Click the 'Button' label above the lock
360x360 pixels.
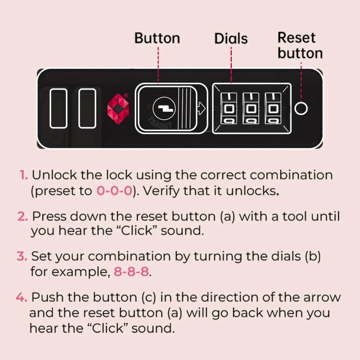(157, 38)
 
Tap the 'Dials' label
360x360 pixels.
(231, 38)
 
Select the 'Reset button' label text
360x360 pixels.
(300, 46)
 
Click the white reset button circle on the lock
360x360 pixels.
(301, 108)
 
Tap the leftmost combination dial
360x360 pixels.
(229, 108)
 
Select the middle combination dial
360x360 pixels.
(251, 108)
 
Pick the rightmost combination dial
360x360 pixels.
(273, 108)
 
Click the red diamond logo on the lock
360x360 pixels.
(118, 108)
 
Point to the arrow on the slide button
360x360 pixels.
(201, 108)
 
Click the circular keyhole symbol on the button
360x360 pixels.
(164, 108)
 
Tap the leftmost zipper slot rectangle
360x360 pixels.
(58, 108)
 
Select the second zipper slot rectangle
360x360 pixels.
(87, 108)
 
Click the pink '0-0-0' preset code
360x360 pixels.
(114, 190)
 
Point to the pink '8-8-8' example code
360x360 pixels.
(131, 271)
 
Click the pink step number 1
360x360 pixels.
(24, 175)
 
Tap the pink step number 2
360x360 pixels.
(22, 216)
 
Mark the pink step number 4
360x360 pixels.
(22, 297)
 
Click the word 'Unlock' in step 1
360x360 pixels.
(54, 175)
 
